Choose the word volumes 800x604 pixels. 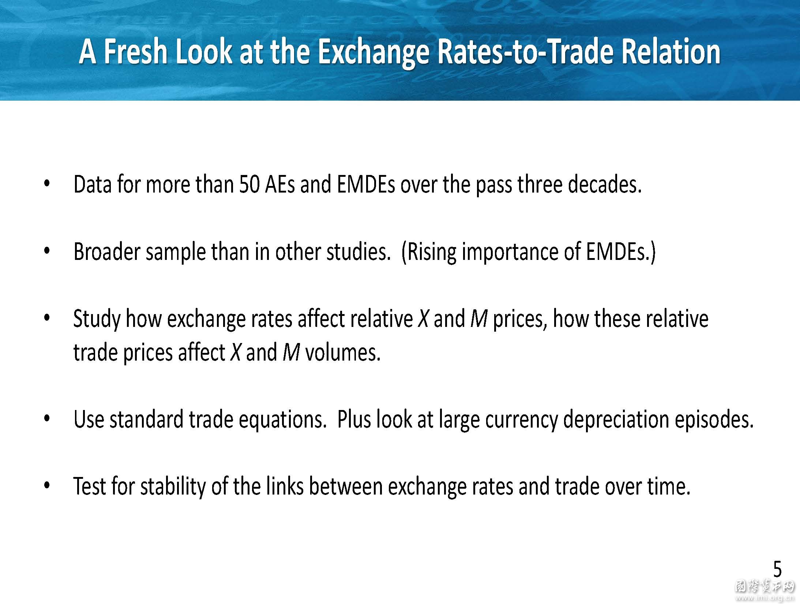pyautogui.click(x=343, y=353)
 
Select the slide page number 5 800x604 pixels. pyautogui.click(x=777, y=570)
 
